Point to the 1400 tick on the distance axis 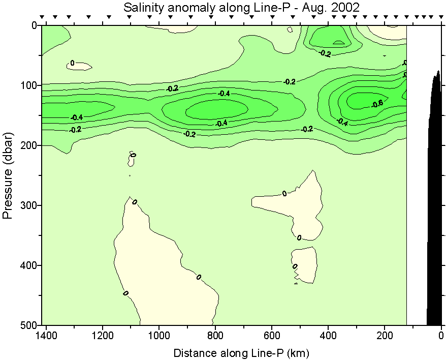coord(46,335)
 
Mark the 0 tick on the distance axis coord(441,335)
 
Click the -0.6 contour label coord(377,104)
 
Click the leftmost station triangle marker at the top coord(43,17)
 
